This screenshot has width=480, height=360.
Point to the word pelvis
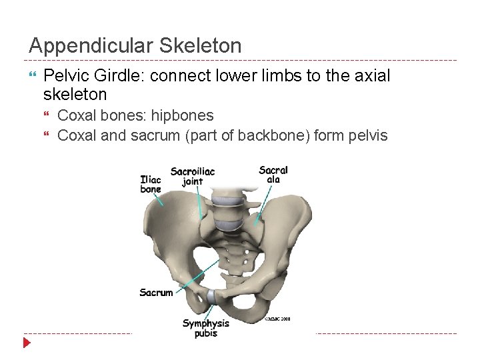(365, 135)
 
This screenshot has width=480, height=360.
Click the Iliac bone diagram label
(151, 185)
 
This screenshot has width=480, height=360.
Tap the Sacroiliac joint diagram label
(193, 177)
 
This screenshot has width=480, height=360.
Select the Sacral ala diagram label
(273, 175)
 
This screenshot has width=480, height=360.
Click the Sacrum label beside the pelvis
(156, 293)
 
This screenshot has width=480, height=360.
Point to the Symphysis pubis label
(206, 328)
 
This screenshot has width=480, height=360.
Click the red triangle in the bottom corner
(27, 343)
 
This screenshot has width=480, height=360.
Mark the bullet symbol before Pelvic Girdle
(33, 76)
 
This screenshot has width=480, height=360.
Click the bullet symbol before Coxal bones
(47, 116)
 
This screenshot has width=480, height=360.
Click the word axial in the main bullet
(373, 76)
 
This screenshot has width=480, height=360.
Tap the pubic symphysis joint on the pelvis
(211, 296)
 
